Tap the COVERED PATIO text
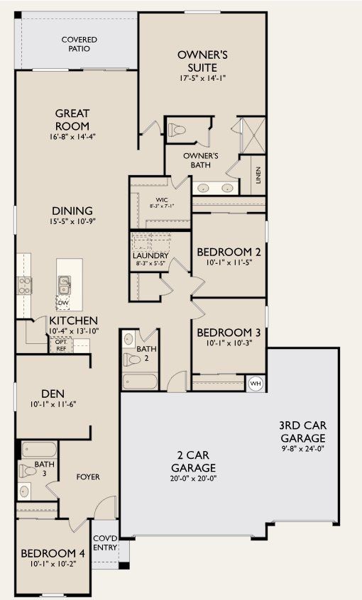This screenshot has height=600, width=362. tap(79, 45)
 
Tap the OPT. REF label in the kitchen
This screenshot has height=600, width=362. tap(60, 345)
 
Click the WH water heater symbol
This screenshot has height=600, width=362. tap(256, 384)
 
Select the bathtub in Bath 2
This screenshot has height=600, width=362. tap(138, 382)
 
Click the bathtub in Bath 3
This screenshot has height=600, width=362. tap(38, 450)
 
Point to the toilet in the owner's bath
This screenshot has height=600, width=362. tap(176, 130)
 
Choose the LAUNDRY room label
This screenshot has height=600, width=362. tap(150, 256)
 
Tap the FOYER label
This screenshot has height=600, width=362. tap(88, 477)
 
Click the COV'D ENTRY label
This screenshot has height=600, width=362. tap(104, 543)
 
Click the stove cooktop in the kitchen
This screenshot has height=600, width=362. tap(24, 285)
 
